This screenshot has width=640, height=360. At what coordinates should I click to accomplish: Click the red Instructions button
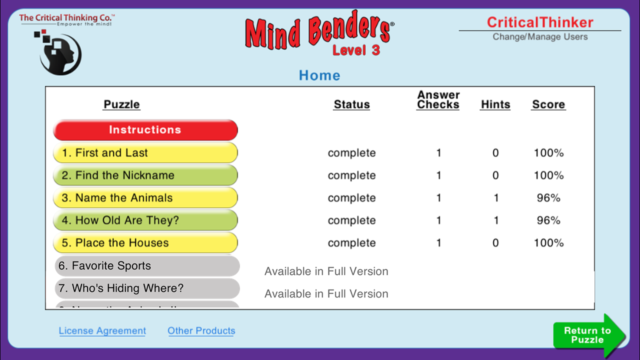point(145,130)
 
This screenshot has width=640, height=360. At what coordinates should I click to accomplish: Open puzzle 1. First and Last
point(145,153)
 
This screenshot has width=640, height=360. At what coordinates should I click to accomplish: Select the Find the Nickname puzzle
point(145,175)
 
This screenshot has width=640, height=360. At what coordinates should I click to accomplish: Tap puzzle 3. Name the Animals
point(145,198)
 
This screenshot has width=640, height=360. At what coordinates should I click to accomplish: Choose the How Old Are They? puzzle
point(145,220)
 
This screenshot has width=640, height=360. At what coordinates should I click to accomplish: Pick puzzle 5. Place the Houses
point(145,243)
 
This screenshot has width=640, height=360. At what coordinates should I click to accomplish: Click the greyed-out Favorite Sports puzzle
point(146,266)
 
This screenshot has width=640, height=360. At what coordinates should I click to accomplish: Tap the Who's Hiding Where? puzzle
point(146,288)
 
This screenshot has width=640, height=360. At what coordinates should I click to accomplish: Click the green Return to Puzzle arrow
point(588,335)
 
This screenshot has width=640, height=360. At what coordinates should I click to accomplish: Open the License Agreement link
point(102,331)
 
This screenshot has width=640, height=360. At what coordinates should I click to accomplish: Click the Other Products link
point(201,331)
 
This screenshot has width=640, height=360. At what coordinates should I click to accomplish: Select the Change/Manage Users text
point(540,37)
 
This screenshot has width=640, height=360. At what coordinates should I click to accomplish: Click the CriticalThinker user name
point(540,22)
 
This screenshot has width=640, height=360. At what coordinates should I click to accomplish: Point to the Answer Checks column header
point(438,100)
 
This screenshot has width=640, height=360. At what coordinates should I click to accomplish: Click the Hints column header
point(495,105)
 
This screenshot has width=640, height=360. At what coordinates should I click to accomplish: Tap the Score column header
point(548,105)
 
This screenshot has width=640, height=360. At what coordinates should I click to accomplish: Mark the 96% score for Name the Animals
point(548,198)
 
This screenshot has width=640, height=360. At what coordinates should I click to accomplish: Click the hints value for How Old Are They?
point(496,220)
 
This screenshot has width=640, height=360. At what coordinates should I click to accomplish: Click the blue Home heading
point(319,75)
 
